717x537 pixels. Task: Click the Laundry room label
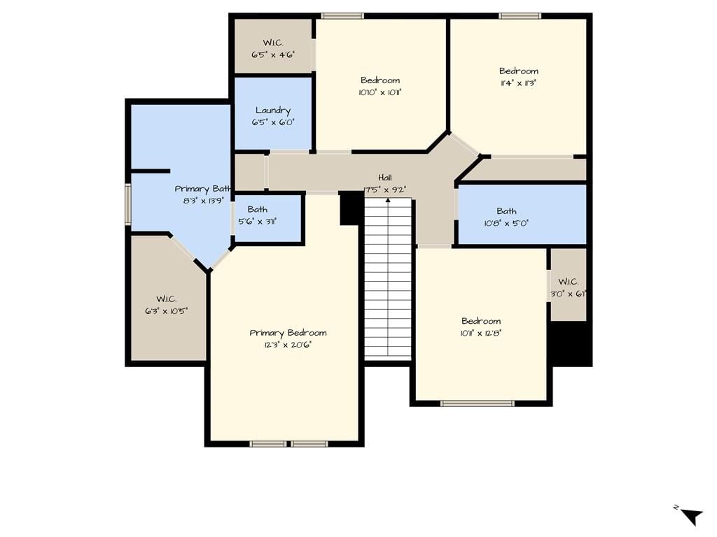pyautogui.click(x=273, y=110)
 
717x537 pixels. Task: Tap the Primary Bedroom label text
pyautogui.click(x=288, y=333)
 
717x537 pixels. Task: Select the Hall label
pyautogui.click(x=385, y=178)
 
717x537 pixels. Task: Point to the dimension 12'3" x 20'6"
pyautogui.click(x=288, y=345)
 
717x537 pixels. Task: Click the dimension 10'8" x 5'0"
pyautogui.click(x=506, y=223)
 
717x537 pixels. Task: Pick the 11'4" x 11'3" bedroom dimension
pyautogui.click(x=519, y=83)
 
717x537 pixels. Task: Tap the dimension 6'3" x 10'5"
pyautogui.click(x=167, y=311)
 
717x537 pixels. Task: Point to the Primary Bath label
pyautogui.click(x=203, y=189)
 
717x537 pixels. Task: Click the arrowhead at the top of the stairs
pyautogui.click(x=388, y=200)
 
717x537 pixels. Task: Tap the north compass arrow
pyautogui.click(x=692, y=517)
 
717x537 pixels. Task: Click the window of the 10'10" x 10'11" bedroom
pyautogui.click(x=342, y=16)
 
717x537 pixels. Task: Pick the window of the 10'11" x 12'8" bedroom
pyautogui.click(x=478, y=403)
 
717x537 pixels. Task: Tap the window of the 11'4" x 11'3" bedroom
pyautogui.click(x=520, y=16)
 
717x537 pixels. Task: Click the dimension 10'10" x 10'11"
pyautogui.click(x=380, y=92)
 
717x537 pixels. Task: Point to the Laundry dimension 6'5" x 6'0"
pyautogui.click(x=273, y=122)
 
